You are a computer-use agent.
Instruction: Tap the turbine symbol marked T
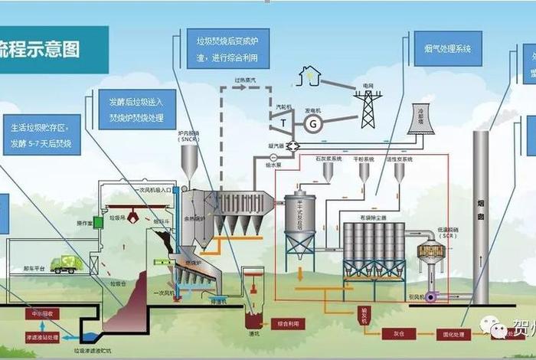point(283,121)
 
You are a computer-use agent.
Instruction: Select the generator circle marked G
point(313,123)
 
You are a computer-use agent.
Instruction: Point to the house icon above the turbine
point(309,74)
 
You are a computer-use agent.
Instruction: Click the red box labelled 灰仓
point(400,334)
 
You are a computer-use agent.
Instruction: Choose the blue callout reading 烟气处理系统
point(447,47)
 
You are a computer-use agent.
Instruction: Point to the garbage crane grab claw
point(132,218)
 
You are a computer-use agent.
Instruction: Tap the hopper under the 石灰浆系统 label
point(328,173)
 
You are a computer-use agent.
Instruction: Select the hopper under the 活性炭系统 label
point(398,173)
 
